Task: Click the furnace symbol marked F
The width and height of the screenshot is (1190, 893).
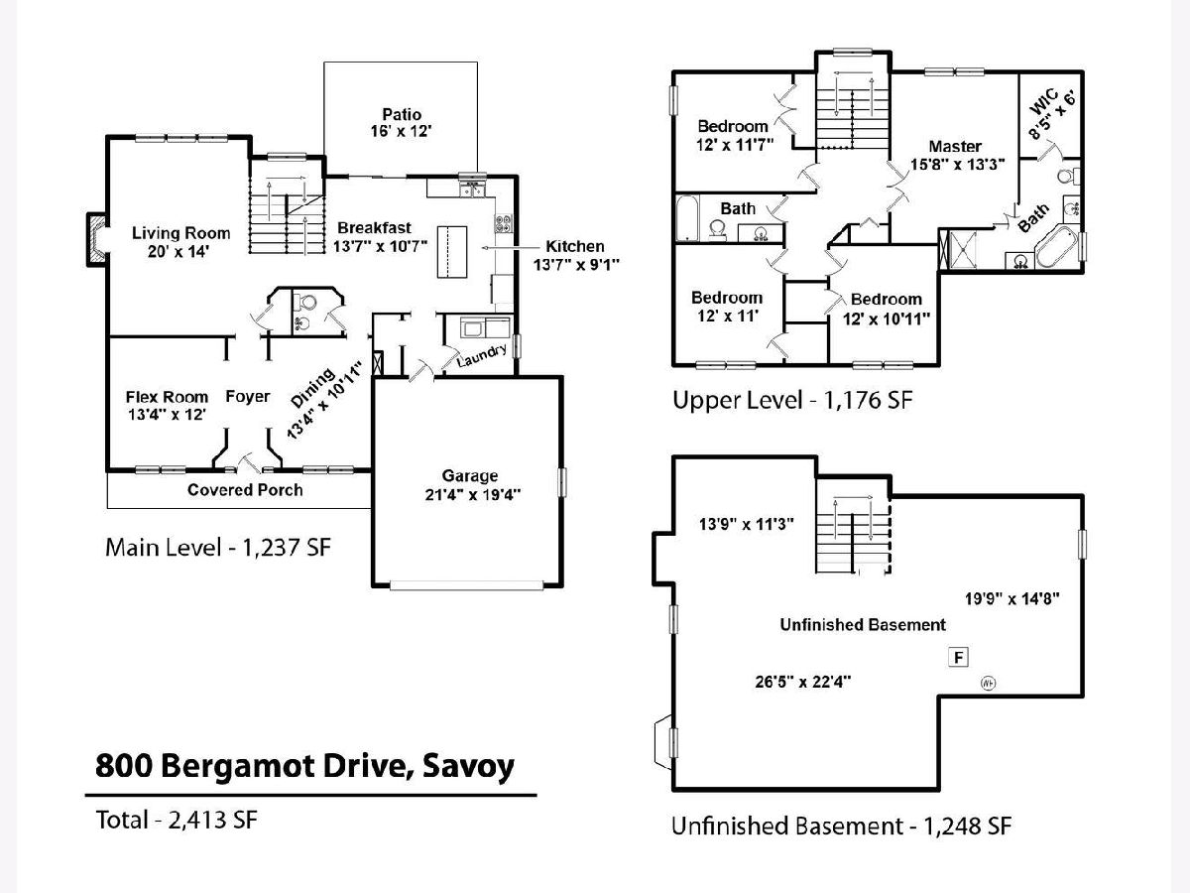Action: [958, 657]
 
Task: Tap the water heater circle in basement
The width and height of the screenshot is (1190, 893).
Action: [989, 684]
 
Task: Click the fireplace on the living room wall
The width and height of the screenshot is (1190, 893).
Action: [96, 239]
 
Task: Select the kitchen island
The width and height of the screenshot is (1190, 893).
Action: [452, 252]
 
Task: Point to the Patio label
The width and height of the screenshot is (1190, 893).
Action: [402, 114]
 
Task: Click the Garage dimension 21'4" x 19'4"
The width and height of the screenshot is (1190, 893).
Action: [473, 494]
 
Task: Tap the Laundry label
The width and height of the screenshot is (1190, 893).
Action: [481, 354]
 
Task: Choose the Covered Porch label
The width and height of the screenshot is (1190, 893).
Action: [245, 489]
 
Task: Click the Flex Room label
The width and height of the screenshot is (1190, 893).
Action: [167, 397]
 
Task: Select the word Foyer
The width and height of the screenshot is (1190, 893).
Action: [248, 396]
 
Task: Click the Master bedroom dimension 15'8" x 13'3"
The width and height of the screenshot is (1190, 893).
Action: [957, 165]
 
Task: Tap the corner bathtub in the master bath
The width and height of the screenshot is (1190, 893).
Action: [1057, 248]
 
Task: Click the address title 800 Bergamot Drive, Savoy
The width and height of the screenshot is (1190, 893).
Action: [304, 766]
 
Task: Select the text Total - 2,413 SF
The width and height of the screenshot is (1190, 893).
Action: [177, 820]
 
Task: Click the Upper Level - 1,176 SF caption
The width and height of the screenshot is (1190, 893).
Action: [792, 400]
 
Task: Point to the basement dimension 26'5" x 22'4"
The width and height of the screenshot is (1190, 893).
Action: [803, 682]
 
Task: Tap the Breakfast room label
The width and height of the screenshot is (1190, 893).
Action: [375, 228]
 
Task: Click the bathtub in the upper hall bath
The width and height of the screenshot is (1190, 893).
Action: [688, 218]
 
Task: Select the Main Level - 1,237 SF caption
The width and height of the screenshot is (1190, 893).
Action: [218, 548]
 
